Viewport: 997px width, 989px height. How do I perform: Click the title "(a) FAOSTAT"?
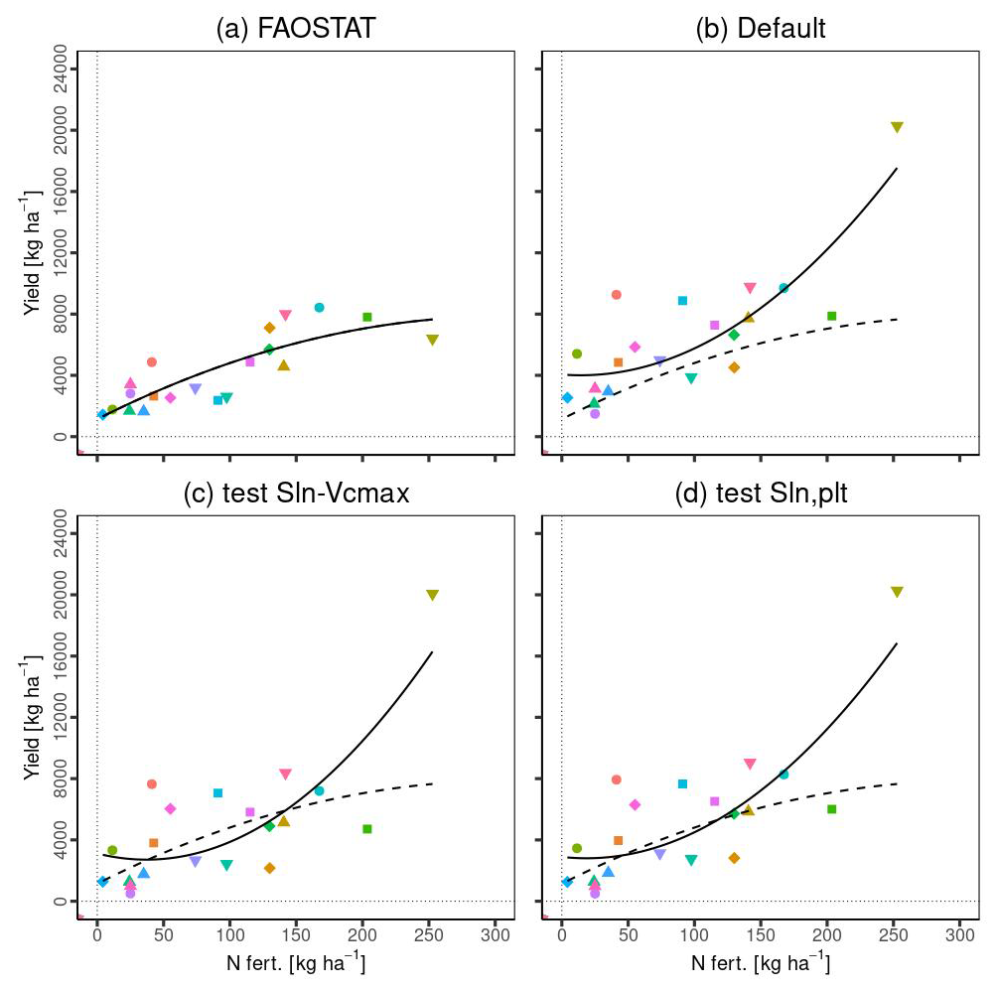pos(297,29)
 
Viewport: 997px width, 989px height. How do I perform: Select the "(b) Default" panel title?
pos(761,29)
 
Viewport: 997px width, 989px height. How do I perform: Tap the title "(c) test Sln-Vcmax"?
pos(297,494)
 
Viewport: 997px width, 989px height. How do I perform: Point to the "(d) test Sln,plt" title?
pos(761,494)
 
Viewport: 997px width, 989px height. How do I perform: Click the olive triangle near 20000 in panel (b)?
pos(897,127)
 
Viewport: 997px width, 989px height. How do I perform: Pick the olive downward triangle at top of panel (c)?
pos(432,595)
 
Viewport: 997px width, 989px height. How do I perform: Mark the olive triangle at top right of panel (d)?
pos(897,592)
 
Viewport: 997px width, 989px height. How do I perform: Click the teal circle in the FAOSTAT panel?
pos(319,308)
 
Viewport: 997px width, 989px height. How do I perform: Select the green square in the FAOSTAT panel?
pos(366,317)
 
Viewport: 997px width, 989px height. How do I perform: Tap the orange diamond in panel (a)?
pos(269,328)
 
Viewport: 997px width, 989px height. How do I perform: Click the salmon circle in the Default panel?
pos(616,295)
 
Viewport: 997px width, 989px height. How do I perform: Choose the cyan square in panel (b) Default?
pos(682,301)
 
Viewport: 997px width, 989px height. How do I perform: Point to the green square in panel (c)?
pos(366,829)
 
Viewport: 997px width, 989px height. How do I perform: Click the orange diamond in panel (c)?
pos(269,868)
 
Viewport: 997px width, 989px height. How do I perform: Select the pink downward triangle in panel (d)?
pos(750,765)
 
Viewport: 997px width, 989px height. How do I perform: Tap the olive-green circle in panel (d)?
pos(576,848)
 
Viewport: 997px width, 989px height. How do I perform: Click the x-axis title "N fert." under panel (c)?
pos(297,964)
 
